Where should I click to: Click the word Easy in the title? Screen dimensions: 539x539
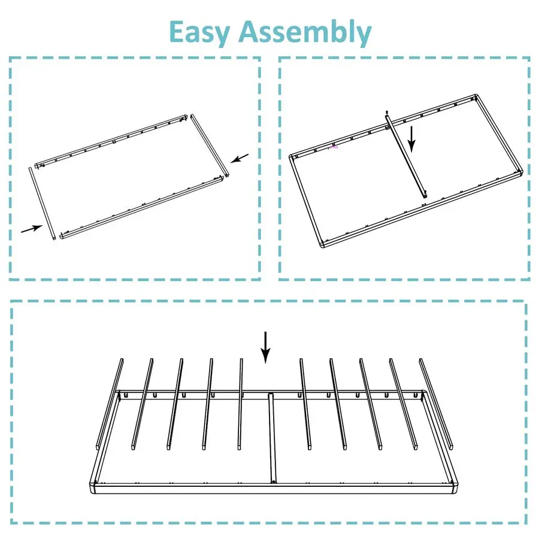click(199, 32)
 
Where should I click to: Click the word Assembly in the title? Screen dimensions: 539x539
click(305, 32)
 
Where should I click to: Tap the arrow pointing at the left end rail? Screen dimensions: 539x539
click(32, 229)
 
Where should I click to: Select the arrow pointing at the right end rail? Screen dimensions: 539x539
click(240, 158)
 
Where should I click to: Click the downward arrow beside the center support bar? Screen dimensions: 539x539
click(412, 139)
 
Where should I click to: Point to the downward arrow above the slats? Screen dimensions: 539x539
click(265, 347)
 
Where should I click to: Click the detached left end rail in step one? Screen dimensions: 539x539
click(41, 204)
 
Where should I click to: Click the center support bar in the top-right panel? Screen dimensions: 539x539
click(406, 156)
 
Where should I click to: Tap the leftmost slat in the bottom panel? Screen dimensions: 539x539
click(110, 404)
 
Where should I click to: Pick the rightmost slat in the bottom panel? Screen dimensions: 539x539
click(436, 404)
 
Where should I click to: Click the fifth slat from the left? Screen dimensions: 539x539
click(240, 404)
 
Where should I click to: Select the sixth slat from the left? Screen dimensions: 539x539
click(305, 404)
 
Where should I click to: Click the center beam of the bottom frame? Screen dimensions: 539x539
click(272, 438)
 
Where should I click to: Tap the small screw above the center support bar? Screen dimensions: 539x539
click(387, 112)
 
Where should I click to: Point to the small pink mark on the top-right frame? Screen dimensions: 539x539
click(334, 147)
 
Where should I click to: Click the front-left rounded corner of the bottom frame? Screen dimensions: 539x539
click(93, 487)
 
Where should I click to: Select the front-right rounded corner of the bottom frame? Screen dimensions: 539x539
click(454, 487)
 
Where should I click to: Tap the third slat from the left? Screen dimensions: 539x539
click(175, 404)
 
